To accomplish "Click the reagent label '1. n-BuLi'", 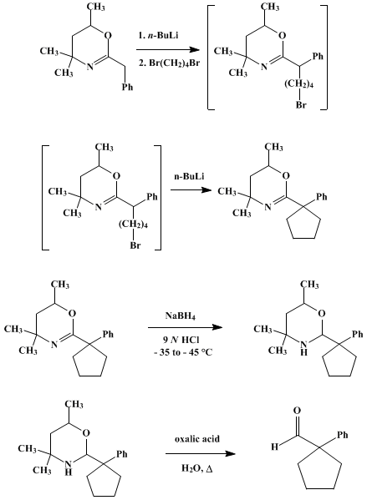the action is [158, 35].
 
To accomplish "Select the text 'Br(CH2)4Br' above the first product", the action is [175, 63].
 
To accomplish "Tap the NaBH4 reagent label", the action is [180, 316].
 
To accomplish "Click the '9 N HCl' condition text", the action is [181, 340].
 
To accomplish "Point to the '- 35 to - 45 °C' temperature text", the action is [183, 352].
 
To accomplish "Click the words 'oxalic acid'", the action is [197, 439].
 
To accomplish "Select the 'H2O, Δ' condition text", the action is [197, 468].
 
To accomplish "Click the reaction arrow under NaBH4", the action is [185, 327].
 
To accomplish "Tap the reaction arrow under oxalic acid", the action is [201, 453].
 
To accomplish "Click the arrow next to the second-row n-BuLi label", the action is [191, 190].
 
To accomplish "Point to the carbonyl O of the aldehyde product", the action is [297, 411].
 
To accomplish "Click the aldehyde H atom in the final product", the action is [274, 447].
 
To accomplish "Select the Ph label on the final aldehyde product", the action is [343, 435].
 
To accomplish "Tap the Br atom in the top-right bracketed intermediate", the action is [301, 104].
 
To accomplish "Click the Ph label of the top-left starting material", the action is [127, 87].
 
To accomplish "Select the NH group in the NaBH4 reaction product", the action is [304, 347].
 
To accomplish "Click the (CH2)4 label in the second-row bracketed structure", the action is [133, 225].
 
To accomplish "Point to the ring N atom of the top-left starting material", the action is [90, 67].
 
